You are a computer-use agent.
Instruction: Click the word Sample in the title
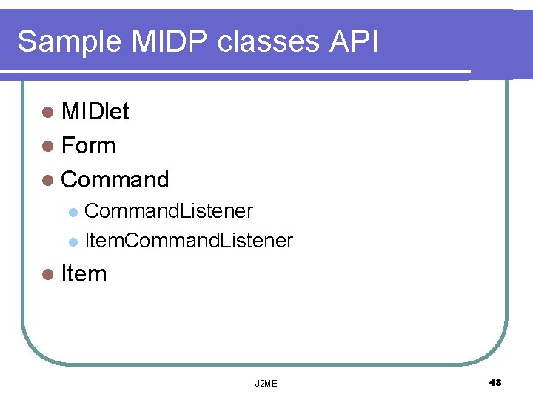pos(70,42)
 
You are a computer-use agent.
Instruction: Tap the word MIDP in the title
pos(171,42)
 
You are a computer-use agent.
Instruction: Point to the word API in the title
pos(352,42)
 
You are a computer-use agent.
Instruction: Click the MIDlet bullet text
pos(95,112)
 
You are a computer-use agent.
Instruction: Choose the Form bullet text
pos(89,146)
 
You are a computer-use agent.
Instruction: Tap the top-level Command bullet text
pos(115,179)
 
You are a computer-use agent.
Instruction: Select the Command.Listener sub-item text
pos(169,212)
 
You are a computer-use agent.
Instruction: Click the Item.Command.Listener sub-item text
pos(189,241)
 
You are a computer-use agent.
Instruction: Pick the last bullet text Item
pos(84,274)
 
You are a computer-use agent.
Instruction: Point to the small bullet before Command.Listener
pos(73,213)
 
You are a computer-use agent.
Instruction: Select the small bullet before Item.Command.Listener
pos(73,241)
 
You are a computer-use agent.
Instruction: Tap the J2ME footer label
pos(266,384)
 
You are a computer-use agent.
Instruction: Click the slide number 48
pos(495,382)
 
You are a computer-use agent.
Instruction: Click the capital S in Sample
pos(27,42)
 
